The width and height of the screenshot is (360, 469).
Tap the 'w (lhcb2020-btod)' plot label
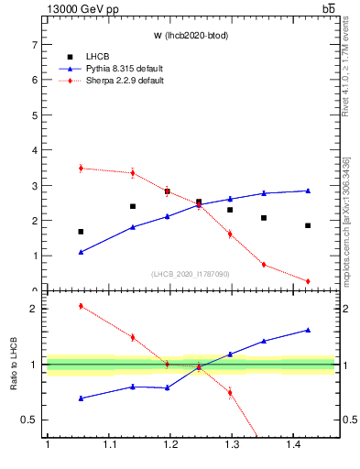pos(190,36)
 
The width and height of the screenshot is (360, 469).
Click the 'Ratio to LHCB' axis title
pos(14,365)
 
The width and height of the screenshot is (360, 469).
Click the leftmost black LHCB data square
pos(81,232)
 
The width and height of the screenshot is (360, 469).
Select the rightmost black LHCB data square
pos(308,225)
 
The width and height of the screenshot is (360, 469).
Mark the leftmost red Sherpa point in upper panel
pos(81,169)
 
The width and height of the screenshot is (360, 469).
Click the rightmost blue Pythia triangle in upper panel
pos(308,191)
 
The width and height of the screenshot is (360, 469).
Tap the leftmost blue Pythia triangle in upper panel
pos(81,252)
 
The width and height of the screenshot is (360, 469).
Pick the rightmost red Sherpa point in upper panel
pos(308,281)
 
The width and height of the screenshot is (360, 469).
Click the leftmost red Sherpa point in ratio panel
pos(81,306)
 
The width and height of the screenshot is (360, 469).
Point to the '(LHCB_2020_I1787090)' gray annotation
pos(190,274)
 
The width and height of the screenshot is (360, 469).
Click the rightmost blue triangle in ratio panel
pos(308,330)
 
